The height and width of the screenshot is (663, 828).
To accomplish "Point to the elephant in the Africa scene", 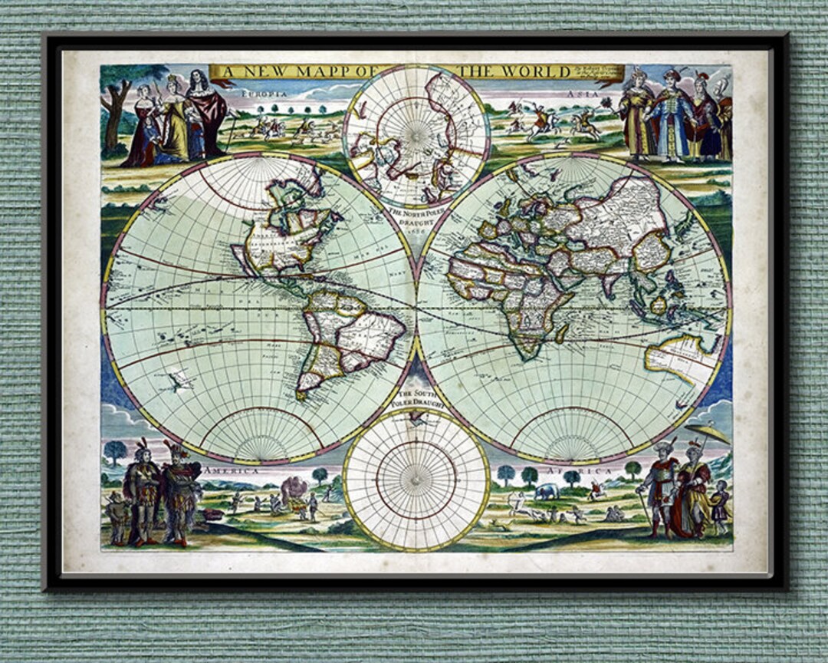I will tap(547, 492).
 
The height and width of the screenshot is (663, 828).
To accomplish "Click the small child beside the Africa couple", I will tap(720, 506).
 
